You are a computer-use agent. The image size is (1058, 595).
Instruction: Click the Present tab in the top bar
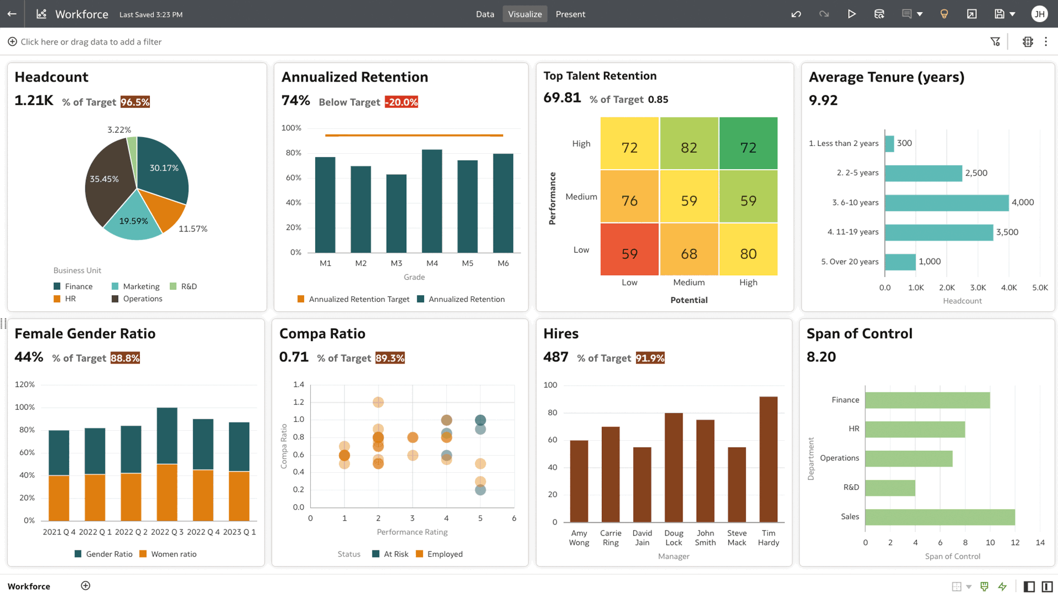click(x=570, y=14)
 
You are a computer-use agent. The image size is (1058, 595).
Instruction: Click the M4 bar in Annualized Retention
click(x=432, y=201)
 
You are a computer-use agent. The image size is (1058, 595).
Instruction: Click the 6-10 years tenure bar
click(x=946, y=203)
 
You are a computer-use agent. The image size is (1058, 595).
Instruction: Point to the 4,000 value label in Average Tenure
click(x=1023, y=203)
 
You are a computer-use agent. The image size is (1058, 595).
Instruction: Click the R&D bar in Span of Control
click(x=890, y=488)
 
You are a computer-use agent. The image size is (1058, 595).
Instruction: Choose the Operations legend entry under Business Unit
click(x=142, y=299)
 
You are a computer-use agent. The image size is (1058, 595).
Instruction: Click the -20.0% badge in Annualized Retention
click(x=401, y=102)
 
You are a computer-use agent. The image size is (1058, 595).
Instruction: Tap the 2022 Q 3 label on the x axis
click(x=167, y=532)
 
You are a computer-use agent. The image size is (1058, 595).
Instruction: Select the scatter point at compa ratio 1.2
click(x=378, y=403)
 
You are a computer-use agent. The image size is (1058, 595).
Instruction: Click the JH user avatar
click(x=1039, y=14)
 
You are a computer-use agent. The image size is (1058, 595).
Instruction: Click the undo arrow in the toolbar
click(x=796, y=14)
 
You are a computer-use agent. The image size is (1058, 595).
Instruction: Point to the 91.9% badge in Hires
click(x=650, y=358)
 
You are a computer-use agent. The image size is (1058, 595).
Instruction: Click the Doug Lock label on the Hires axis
click(x=673, y=538)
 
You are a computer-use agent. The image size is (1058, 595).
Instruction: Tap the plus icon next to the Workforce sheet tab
click(x=85, y=586)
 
